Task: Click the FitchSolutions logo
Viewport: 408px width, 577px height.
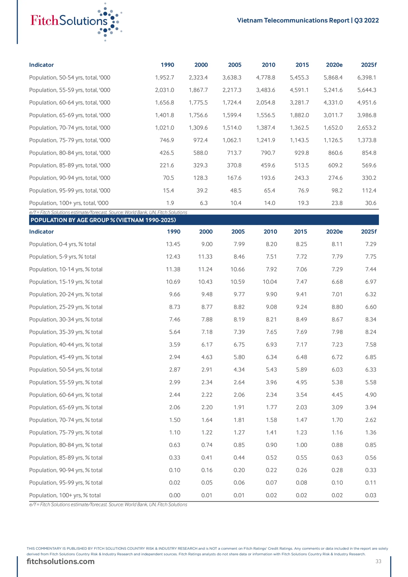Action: pos(76,21)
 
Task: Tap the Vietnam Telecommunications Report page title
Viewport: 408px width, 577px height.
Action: pos(307,20)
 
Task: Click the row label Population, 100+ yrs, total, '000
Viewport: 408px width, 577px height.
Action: pos(69,203)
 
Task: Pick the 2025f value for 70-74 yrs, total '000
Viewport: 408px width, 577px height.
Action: pos(367,128)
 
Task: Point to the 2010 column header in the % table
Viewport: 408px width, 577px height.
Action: pos(270,232)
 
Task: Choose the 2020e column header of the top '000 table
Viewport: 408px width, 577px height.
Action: pos(334,65)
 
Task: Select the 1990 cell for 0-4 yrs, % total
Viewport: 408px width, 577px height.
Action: pos(173,244)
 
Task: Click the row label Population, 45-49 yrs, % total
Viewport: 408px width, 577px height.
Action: pos(66,357)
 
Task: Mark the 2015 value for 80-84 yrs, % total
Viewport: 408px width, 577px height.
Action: pos(301,445)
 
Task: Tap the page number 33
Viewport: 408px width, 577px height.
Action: pos(378,561)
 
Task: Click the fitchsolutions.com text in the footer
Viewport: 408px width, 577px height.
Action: pos(61,562)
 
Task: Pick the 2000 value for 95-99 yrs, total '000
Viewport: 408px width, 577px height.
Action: pos(202,190)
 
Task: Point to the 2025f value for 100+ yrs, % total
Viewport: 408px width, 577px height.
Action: pos(371,495)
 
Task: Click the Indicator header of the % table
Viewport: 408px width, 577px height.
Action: pos(41,232)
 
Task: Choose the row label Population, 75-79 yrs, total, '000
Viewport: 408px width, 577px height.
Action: pos(70,140)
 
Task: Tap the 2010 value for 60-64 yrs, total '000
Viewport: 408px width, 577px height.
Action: pos(266,103)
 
